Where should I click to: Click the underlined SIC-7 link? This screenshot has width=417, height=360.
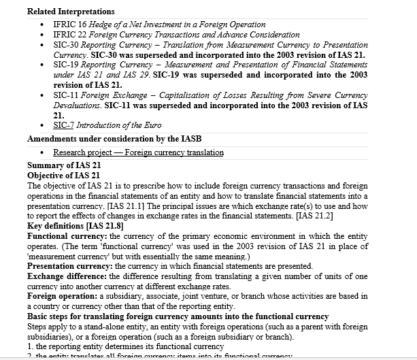coord(65,125)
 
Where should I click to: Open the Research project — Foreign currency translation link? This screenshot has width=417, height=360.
coord(138,152)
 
